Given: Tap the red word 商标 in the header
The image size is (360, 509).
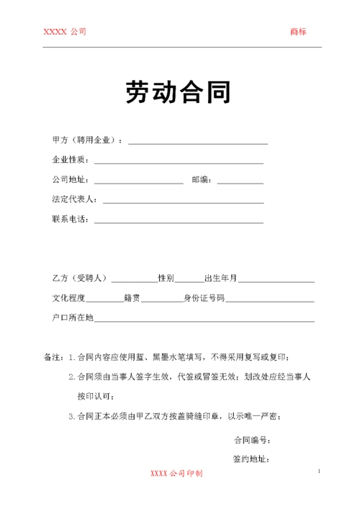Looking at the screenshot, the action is [x=298, y=31].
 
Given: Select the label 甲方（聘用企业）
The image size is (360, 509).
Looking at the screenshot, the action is [x=87, y=140].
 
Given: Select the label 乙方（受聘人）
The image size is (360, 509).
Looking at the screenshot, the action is [x=79, y=278].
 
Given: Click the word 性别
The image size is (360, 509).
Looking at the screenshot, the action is [x=166, y=278].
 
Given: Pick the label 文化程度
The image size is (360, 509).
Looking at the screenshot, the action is [x=69, y=297].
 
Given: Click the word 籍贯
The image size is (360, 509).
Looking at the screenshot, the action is [x=132, y=297].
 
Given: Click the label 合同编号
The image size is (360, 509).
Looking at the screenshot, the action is [x=251, y=440].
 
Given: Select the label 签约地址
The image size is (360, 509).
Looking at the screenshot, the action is [x=251, y=459].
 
